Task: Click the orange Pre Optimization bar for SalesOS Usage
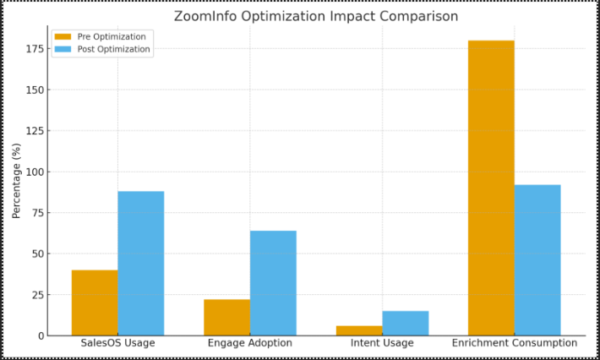click(x=95, y=303)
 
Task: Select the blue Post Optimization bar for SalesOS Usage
click(x=141, y=264)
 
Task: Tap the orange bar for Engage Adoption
click(x=226, y=317)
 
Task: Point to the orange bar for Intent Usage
click(x=359, y=330)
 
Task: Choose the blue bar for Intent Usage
click(x=406, y=323)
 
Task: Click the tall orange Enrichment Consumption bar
click(x=491, y=188)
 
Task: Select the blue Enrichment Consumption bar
click(x=537, y=259)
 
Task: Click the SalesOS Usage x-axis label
click(x=117, y=343)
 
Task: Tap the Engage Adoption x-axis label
click(x=250, y=343)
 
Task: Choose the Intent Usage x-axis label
click(x=382, y=343)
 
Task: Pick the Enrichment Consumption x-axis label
click(x=515, y=343)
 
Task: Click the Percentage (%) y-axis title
click(x=16, y=181)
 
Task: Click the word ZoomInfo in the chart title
click(x=207, y=16)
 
